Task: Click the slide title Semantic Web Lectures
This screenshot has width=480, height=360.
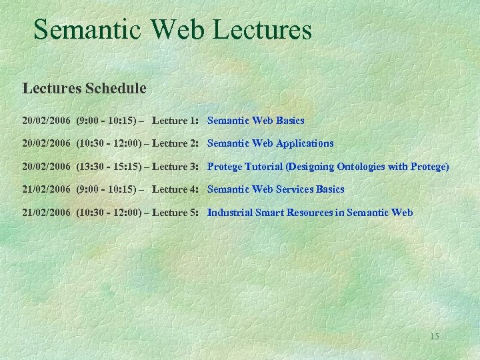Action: (172, 30)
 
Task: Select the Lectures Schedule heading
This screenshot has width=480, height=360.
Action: (84, 88)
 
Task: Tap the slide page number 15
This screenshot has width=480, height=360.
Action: (434, 336)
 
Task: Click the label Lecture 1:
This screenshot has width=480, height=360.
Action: (175, 121)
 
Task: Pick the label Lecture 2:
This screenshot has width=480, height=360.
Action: (175, 143)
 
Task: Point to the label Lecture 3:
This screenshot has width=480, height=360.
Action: (175, 167)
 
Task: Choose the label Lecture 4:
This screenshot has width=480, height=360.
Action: (175, 189)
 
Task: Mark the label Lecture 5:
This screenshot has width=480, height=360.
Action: (175, 213)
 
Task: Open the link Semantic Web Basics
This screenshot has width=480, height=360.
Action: (255, 121)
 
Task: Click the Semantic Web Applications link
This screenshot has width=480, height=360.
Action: (270, 143)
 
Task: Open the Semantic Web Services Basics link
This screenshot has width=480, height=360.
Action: (275, 189)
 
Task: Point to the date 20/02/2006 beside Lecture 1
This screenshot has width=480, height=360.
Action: (46, 121)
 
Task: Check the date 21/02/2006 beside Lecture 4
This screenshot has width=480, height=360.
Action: (46, 189)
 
